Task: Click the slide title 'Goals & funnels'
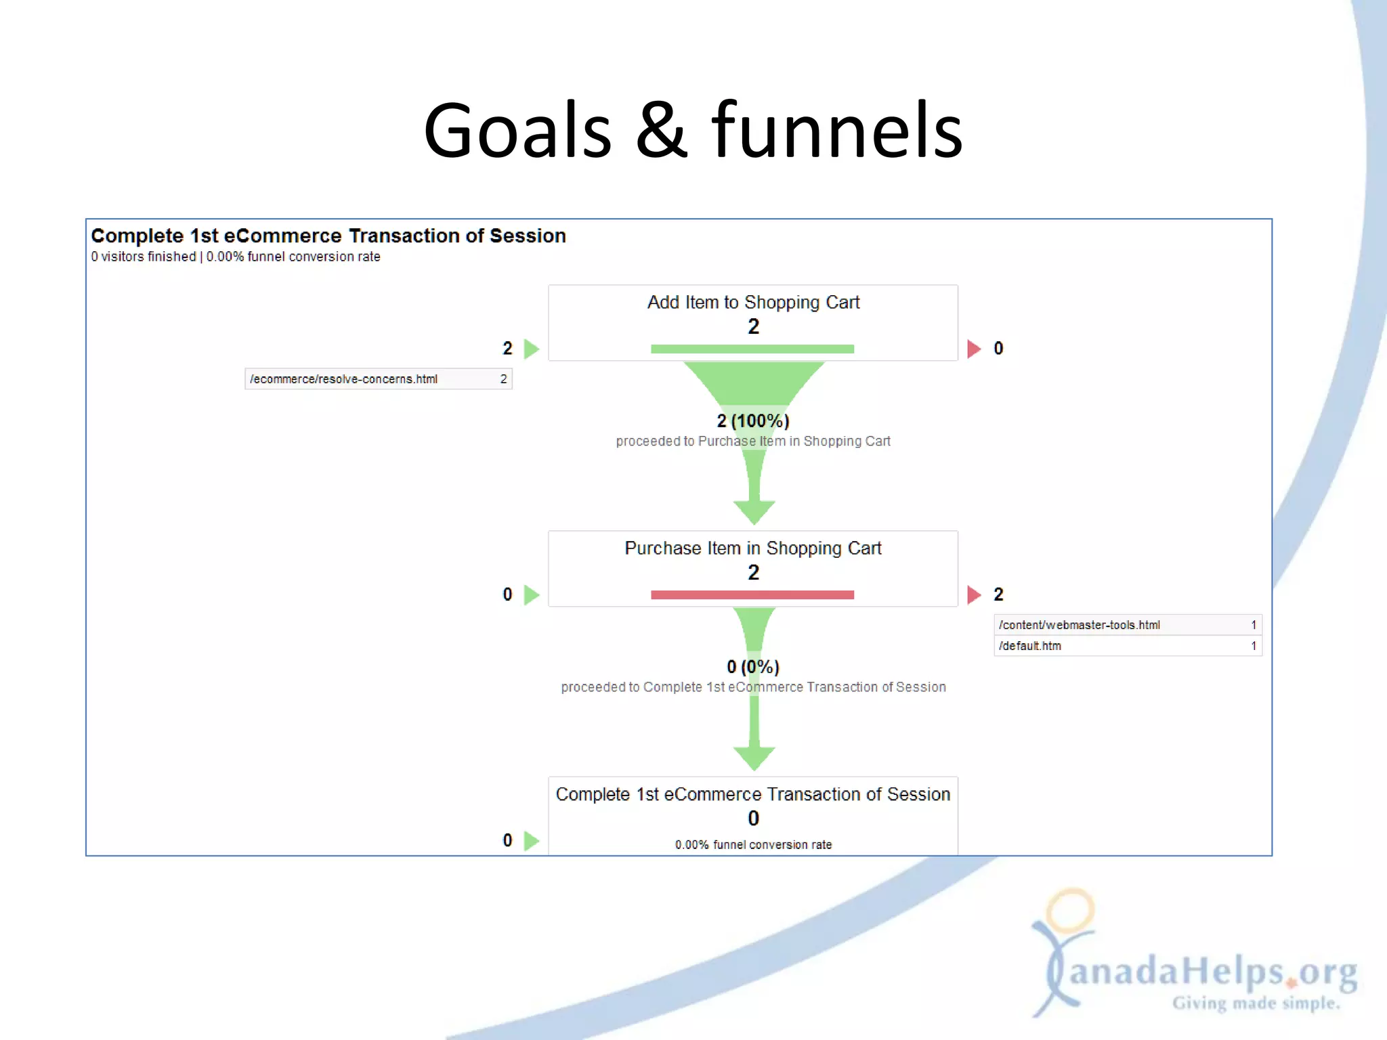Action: [x=692, y=130]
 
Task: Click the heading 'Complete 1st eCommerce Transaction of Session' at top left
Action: [x=328, y=236]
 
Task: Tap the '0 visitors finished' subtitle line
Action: [x=144, y=257]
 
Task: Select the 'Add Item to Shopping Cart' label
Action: [x=753, y=302]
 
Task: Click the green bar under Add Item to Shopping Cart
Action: [x=752, y=349]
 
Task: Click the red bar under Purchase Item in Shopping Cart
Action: [x=752, y=594]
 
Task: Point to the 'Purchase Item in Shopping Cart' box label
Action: [x=753, y=548]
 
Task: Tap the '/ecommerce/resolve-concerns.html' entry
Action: [x=343, y=379]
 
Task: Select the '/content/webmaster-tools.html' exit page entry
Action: [x=1079, y=625]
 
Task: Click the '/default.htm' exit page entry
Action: [x=1030, y=646]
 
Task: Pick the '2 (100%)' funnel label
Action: [x=753, y=420]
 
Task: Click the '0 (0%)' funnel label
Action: [x=753, y=667]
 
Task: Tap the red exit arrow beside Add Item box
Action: [x=974, y=349]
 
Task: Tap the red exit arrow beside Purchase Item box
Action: [x=974, y=594]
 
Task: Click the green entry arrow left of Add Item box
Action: [x=532, y=349]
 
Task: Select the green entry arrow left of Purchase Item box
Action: [x=532, y=594]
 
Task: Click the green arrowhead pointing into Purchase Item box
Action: [x=754, y=511]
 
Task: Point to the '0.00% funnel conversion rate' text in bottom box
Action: [x=753, y=845]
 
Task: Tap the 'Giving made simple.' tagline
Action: [x=1256, y=1003]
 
